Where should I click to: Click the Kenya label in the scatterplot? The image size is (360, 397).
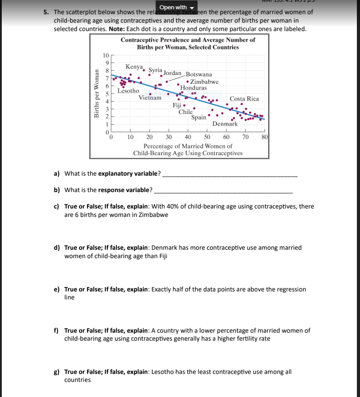tap(134, 67)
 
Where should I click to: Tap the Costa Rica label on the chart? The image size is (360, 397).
tap(244, 98)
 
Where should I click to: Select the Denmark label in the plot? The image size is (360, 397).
tap(225, 124)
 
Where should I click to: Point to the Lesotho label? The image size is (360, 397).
tap(128, 91)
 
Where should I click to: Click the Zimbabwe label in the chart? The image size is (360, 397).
tap(204, 82)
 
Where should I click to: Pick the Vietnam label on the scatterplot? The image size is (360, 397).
tap(150, 98)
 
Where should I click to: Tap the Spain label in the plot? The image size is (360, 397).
tap(198, 118)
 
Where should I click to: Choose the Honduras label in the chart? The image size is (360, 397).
tap(193, 88)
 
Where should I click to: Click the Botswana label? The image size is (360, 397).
tap(198, 75)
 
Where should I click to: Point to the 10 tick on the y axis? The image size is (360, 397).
tap(105, 55)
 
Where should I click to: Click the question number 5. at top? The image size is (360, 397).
tap(47, 12)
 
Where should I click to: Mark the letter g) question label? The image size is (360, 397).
tap(57, 372)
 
